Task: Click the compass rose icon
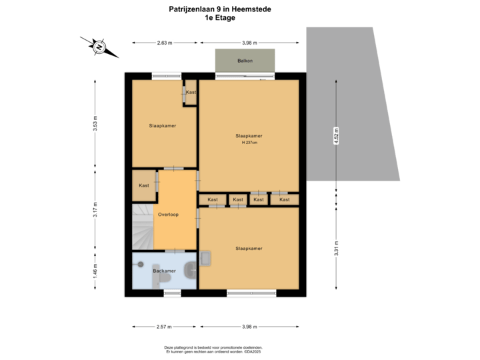click(x=99, y=47)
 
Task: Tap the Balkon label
click(x=245, y=61)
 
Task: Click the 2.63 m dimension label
click(x=165, y=43)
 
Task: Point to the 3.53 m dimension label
click(x=95, y=124)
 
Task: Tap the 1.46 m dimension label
click(x=95, y=272)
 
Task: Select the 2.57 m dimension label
click(x=163, y=327)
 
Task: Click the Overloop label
click(x=167, y=215)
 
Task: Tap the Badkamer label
click(x=163, y=271)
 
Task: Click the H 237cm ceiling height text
click(x=249, y=142)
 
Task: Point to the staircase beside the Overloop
click(x=143, y=227)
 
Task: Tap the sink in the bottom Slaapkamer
click(x=205, y=257)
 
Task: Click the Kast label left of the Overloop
click(x=144, y=185)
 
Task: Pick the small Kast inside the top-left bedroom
click(x=191, y=92)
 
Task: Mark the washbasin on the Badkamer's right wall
click(x=191, y=271)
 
